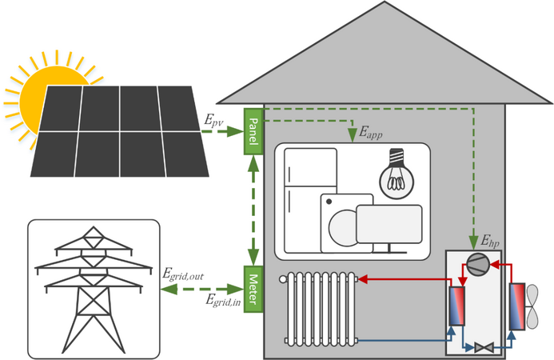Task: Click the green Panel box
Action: click(x=253, y=131)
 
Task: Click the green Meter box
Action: click(x=253, y=290)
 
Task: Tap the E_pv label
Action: click(x=213, y=121)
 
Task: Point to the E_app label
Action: click(x=371, y=133)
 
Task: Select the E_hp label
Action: click(x=490, y=241)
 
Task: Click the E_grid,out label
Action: click(x=183, y=274)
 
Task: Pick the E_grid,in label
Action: click(x=223, y=301)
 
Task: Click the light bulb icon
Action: click(x=397, y=174)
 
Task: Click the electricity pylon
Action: click(x=94, y=290)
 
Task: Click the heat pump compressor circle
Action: click(x=478, y=264)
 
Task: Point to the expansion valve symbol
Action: click(x=484, y=348)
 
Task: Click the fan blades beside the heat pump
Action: click(x=532, y=306)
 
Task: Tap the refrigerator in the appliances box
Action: click(x=310, y=201)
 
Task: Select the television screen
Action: click(x=389, y=224)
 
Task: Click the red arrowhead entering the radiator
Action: click(x=363, y=279)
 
